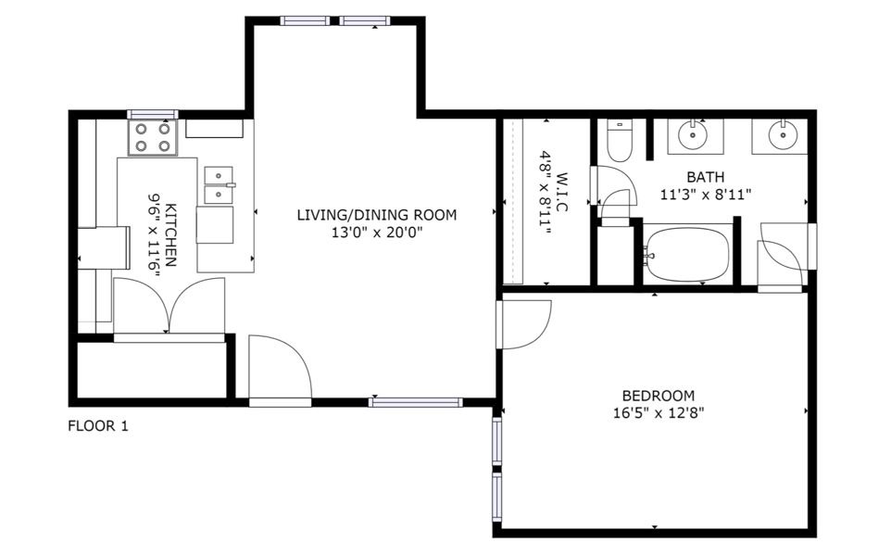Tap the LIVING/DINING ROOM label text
tap(377, 215)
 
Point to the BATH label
tap(705, 176)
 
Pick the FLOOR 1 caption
tap(98, 426)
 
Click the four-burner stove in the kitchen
tap(152, 138)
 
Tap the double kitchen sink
tap(219, 184)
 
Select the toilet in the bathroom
tap(619, 140)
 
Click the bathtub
tap(688, 254)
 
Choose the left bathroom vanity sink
tap(693, 135)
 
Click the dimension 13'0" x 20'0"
tap(377, 233)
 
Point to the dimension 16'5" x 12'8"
tap(658, 413)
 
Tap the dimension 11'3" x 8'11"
tap(705, 195)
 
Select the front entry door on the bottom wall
tap(280, 371)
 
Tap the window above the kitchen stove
tap(152, 114)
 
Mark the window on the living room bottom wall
tap(415, 402)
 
